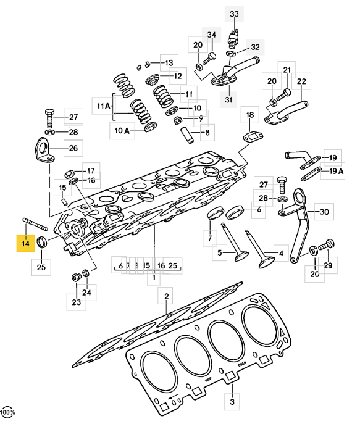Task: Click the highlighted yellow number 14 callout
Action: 26,243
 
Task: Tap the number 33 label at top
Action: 234,14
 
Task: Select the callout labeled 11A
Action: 103,106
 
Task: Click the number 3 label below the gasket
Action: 232,402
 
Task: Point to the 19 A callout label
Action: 336,171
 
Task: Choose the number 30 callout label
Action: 324,212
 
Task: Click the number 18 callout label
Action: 249,115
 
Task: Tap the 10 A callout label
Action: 122,131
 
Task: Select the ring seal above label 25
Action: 43,243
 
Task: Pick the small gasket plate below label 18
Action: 253,138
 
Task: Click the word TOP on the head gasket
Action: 208,380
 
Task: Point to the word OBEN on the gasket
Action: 242,364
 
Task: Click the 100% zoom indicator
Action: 7,412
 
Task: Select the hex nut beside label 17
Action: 69,173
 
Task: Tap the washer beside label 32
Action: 232,53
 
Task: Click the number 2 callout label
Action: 166,296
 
